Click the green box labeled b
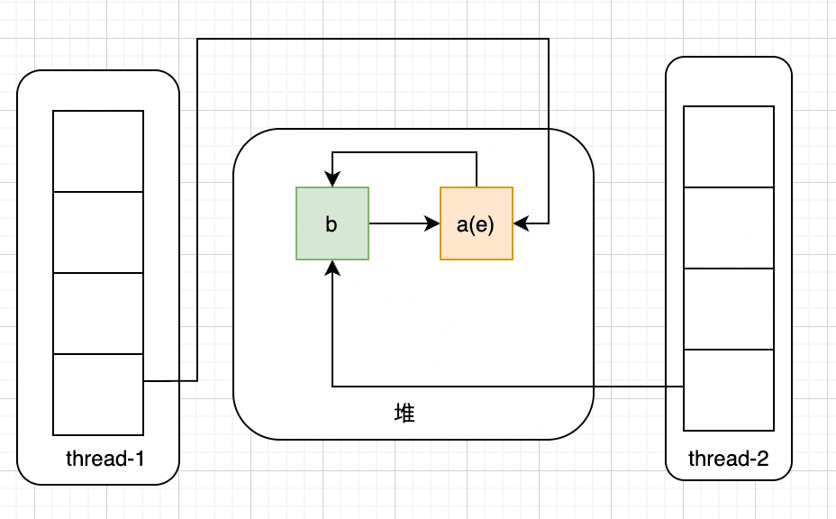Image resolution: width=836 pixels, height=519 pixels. point(332,223)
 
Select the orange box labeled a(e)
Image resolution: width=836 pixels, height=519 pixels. point(477,223)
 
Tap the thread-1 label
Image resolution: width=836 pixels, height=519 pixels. point(105,459)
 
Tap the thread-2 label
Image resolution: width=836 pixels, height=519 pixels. point(728,459)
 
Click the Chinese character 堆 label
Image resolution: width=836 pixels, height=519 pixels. point(404,414)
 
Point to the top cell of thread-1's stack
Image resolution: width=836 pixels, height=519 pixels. point(98,151)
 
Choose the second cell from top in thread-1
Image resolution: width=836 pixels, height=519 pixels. point(98,232)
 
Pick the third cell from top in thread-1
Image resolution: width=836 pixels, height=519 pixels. point(98,314)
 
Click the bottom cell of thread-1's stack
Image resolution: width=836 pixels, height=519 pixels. point(98,395)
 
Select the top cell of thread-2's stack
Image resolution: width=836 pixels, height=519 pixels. point(729,147)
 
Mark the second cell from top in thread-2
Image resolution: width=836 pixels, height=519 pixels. point(729,228)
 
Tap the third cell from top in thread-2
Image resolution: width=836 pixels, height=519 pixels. point(729,309)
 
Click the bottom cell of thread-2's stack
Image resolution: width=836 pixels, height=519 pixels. point(729,390)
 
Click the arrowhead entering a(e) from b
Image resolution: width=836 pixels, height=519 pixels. point(432,223)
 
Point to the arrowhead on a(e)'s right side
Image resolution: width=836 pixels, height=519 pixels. point(521,223)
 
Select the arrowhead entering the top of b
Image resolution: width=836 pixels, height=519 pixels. point(332,179)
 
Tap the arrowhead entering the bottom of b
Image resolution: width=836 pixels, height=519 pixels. point(332,269)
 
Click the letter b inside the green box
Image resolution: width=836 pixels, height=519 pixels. point(332,224)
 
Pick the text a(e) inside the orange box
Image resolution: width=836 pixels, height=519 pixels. point(476,224)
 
